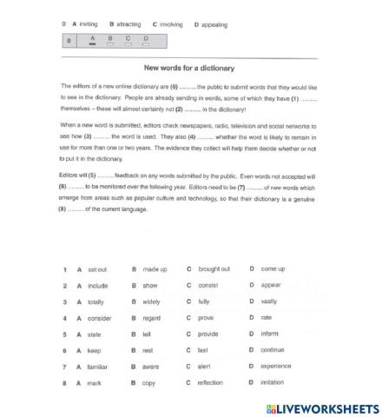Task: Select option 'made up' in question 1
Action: coord(155,269)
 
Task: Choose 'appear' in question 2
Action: coord(273,285)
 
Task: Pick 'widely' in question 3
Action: coord(154,301)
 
